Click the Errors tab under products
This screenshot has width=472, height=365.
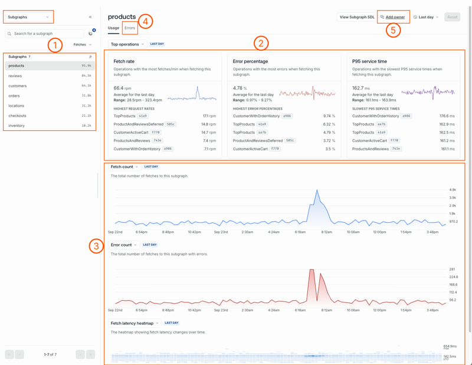click(130, 28)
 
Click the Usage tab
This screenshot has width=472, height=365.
click(113, 28)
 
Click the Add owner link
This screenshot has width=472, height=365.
click(395, 17)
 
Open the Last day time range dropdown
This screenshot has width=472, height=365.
click(426, 17)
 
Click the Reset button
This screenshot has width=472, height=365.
click(452, 17)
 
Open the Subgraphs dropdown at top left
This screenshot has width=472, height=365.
click(28, 17)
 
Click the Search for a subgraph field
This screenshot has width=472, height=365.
click(44, 34)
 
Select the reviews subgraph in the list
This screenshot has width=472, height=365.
click(15, 75)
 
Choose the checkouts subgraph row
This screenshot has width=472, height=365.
click(17, 116)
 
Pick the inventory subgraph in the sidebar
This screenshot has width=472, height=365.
click(17, 126)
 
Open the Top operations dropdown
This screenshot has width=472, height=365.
click(127, 44)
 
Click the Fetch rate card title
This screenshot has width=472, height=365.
click(124, 61)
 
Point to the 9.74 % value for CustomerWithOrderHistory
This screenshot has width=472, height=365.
click(329, 116)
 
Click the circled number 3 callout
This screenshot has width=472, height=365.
click(96, 246)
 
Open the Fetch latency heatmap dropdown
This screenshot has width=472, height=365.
click(135, 323)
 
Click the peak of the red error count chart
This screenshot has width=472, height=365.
click(310, 270)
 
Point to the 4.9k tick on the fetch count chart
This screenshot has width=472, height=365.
click(453, 190)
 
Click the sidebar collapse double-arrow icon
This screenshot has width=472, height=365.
click(90, 17)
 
